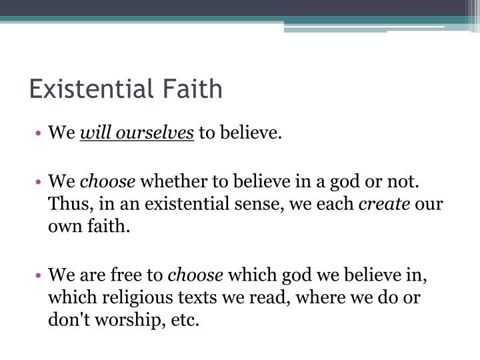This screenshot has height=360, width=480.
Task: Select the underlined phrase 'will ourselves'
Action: [x=137, y=133]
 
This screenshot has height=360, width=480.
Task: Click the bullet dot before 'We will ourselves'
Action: [x=41, y=133]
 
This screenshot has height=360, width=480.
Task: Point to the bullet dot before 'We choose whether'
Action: [x=41, y=181]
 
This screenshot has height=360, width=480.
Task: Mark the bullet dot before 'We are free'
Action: [x=41, y=274]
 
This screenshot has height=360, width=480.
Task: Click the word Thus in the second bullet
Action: [x=65, y=204]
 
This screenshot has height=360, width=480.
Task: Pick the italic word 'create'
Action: [x=385, y=204]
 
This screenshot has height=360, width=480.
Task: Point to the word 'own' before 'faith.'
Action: [x=63, y=227]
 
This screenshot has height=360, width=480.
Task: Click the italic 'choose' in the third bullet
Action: [x=196, y=274]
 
